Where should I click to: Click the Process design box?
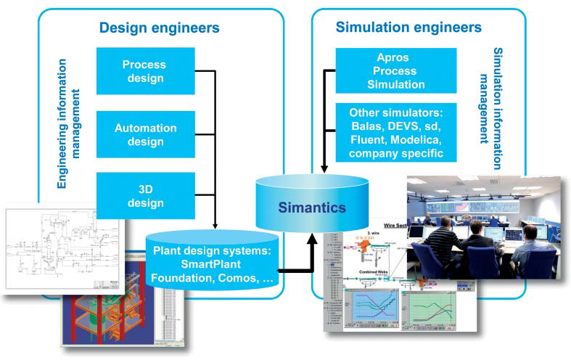pos(145,71)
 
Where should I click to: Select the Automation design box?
pos(145,135)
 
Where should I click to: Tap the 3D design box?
pos(145,195)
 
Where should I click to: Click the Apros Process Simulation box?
pos(395,71)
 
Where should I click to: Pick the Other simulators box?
pos(395,133)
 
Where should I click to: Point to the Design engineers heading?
pos(159,28)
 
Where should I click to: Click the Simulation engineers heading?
pos(408,28)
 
